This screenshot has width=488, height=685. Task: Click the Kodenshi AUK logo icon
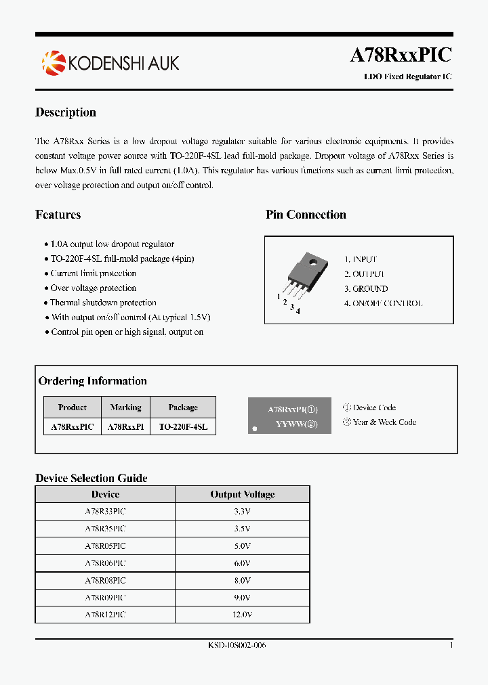click(53, 63)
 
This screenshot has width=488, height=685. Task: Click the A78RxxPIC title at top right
click(401, 55)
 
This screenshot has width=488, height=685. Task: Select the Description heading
click(66, 112)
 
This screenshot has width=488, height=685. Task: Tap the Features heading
click(58, 215)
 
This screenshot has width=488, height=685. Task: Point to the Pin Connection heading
click(306, 215)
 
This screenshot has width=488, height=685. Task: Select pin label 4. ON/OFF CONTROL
click(383, 303)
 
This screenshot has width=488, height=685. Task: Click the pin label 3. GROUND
click(366, 288)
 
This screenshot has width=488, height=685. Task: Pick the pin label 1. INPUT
click(361, 259)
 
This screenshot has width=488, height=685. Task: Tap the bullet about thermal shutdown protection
click(103, 303)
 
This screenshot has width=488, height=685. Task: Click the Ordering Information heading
click(92, 381)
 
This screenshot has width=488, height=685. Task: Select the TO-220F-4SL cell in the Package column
click(183, 427)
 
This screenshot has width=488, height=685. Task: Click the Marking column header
click(125, 407)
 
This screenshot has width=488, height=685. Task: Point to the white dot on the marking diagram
click(255, 428)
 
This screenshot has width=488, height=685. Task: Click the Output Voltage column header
click(242, 494)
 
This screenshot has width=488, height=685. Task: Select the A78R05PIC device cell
click(105, 546)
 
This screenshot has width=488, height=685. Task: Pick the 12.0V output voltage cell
click(242, 615)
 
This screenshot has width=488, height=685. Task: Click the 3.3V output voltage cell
click(242, 511)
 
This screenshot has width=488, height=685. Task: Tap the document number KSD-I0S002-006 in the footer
click(237, 646)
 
